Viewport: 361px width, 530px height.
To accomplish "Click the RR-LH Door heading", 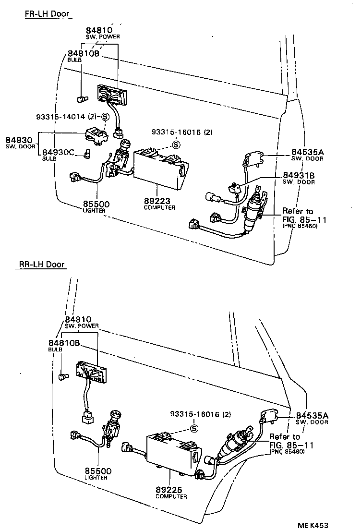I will [42, 264].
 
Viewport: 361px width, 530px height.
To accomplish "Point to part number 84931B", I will [298, 175].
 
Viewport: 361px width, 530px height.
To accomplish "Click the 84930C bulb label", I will [58, 153].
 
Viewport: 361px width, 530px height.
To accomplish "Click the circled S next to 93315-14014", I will [105, 117].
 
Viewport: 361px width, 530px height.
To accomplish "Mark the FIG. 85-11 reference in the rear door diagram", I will [291, 445].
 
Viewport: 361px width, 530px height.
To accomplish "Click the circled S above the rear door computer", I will [194, 428].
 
